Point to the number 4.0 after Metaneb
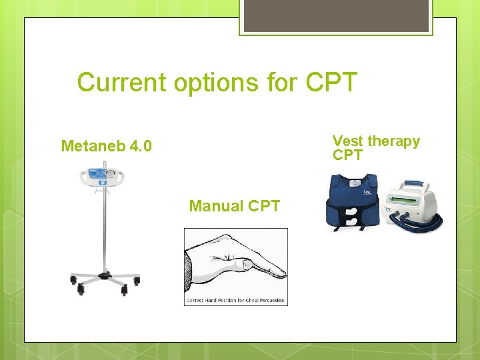(140, 145)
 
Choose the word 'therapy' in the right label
(393, 141)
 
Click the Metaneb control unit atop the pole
(104, 177)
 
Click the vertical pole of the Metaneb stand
(103, 227)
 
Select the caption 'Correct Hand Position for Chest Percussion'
(236, 301)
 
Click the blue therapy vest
(353, 197)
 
